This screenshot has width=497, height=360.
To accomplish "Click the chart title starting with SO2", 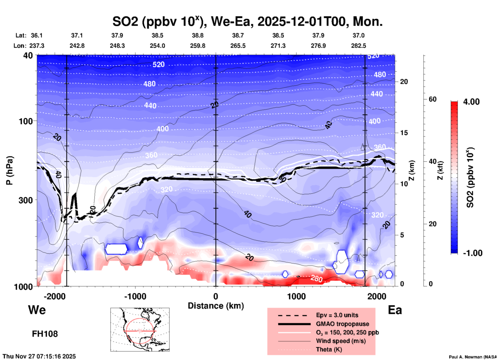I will pos(247,22).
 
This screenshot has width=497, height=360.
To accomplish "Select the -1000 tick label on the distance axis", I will pos(135,296).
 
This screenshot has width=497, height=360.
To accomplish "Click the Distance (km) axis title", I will pos(216,306).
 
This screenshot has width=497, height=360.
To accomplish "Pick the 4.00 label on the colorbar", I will pos(471,102).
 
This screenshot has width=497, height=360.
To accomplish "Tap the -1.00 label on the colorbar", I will pos(472,253).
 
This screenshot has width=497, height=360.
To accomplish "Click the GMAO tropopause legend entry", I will pos(342,324).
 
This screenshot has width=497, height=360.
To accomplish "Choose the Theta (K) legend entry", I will pos(329,349).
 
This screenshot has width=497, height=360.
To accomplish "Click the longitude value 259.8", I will pos(198,46).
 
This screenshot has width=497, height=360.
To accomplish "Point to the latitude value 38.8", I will pos(198,35).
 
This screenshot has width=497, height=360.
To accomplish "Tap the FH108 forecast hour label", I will pos(45,334).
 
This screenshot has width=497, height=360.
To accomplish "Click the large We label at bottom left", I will pos(37,310).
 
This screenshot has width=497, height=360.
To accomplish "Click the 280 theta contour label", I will pos(316,279).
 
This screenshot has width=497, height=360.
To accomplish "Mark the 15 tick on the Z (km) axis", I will pos(404,133).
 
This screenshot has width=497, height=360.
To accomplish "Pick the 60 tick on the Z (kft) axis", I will pos(432,99).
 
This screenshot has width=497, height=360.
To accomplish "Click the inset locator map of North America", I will pos(140,329).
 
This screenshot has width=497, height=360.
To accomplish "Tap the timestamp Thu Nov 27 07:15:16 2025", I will pos(39,356).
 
